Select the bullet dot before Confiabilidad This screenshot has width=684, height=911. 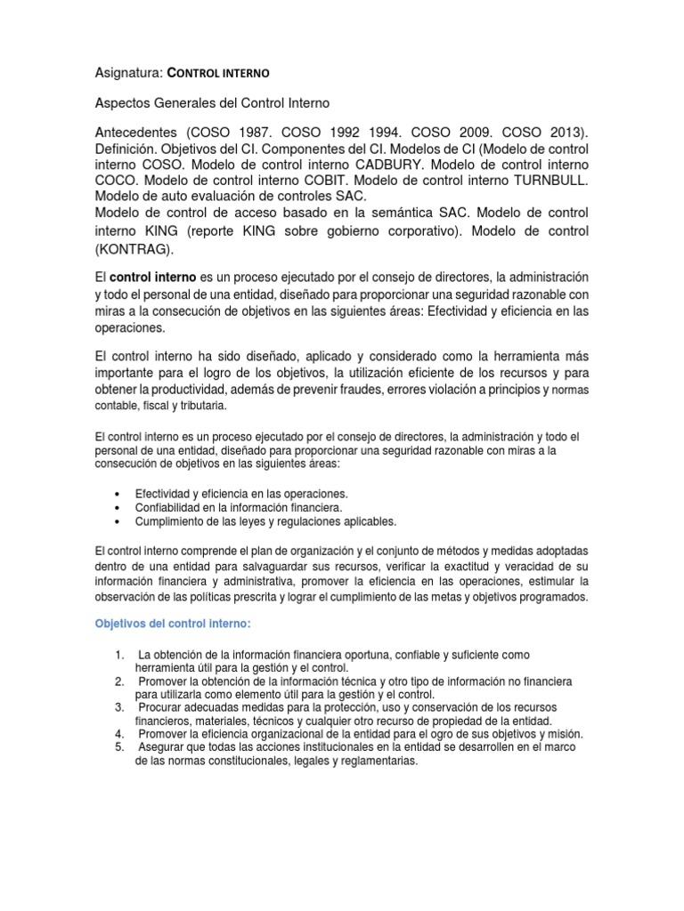click(118, 508)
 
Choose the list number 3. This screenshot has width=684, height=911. click(118, 706)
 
